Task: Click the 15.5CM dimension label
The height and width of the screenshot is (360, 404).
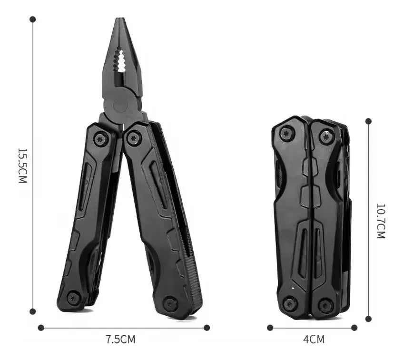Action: click(22, 165)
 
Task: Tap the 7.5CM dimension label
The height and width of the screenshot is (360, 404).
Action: click(120, 340)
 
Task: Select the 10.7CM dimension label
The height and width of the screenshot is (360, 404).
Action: click(381, 221)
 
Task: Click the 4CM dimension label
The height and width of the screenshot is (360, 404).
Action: click(314, 340)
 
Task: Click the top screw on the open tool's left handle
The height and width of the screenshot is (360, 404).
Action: click(100, 139)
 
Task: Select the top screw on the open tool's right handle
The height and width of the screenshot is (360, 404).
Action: click(134, 138)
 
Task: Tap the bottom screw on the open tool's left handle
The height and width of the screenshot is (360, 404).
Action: click(74, 298)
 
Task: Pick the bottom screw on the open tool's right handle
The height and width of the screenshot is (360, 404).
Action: click(170, 303)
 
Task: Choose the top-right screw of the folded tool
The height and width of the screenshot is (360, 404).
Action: click(326, 136)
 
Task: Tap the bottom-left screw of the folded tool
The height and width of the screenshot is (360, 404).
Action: click(290, 303)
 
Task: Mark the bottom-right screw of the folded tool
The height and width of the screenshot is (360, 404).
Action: click(326, 305)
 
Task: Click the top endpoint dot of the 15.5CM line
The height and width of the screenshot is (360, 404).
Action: click(32, 19)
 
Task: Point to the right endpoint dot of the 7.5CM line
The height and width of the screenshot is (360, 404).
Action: click(207, 328)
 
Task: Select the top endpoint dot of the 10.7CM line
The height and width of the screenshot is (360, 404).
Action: click(368, 121)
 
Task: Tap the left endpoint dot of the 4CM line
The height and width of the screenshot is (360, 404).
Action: click(270, 328)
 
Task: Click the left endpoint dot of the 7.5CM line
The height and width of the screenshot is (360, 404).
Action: click(41, 328)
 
